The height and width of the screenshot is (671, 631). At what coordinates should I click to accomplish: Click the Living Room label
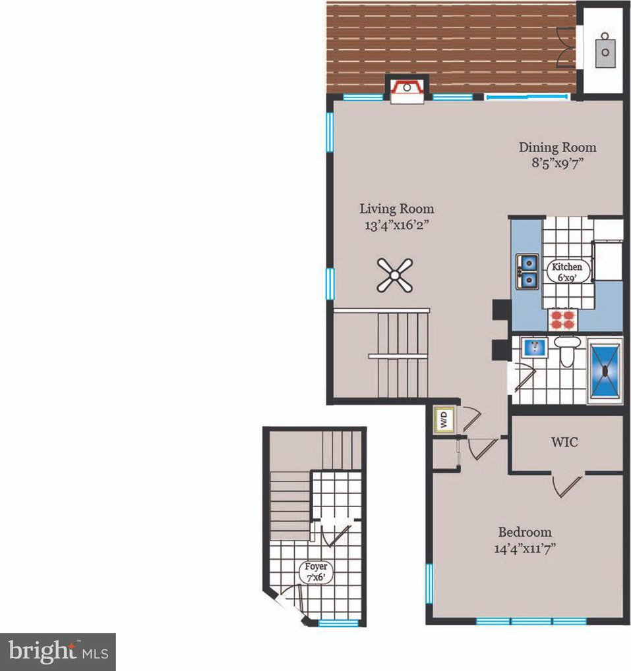397,209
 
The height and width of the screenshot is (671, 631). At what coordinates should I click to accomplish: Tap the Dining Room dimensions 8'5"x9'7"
557,163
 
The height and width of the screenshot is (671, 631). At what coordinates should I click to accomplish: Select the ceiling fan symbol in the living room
395,276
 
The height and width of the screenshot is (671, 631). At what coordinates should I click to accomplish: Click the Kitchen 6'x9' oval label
567,272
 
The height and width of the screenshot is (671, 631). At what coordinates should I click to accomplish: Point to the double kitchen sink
527,271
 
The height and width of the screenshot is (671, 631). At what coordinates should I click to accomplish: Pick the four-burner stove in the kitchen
563,320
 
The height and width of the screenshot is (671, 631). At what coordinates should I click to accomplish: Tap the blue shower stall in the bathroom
605,371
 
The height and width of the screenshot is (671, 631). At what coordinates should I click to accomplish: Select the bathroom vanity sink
533,346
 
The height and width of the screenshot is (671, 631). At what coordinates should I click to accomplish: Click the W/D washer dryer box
444,419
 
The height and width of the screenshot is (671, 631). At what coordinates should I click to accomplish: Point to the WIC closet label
564,442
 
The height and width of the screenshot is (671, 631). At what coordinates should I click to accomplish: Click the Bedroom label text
525,532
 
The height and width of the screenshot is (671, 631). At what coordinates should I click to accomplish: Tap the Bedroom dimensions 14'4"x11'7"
525,549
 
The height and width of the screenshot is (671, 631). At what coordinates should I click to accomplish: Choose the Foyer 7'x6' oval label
316,572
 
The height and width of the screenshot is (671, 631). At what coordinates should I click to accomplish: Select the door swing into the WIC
567,486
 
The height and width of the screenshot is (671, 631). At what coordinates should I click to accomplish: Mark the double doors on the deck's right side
566,47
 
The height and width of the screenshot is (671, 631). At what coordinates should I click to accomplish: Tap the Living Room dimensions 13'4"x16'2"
397,225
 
